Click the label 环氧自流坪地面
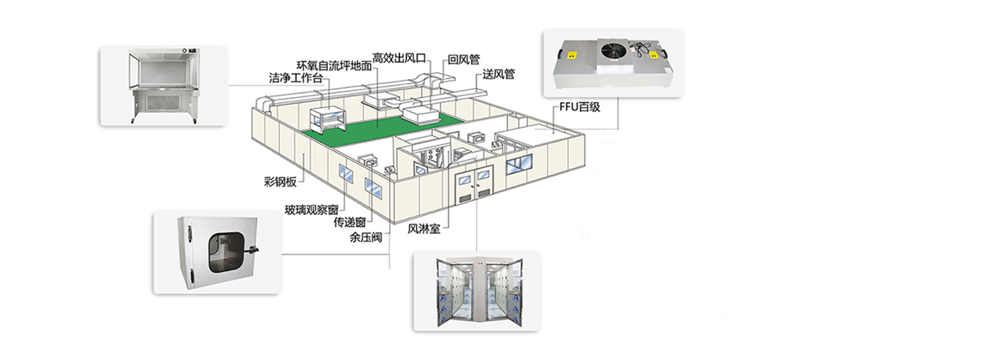[334, 66]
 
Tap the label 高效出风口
[399, 57]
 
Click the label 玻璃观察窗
[312, 210]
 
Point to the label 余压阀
[366, 237]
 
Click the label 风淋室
[424, 230]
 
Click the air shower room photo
[478, 291]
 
